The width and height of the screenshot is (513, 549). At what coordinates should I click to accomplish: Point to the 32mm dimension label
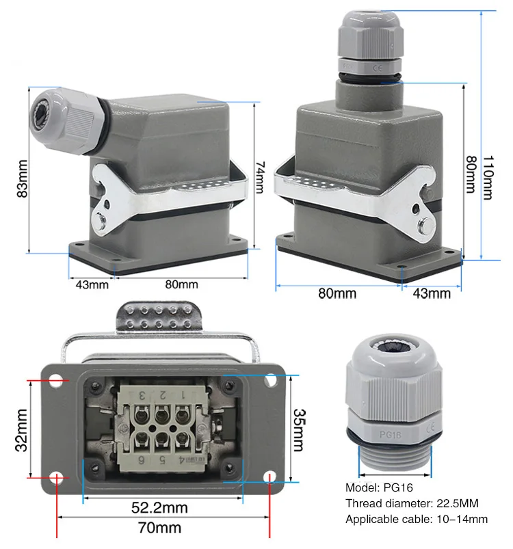point(22,430)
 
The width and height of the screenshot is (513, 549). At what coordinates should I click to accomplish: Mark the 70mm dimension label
point(160,528)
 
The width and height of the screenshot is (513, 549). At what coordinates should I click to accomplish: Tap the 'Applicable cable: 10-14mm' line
point(417,520)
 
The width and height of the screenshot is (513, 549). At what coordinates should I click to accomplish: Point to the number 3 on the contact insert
point(142,394)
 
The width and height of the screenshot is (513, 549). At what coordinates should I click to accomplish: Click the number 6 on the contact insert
point(142,459)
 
